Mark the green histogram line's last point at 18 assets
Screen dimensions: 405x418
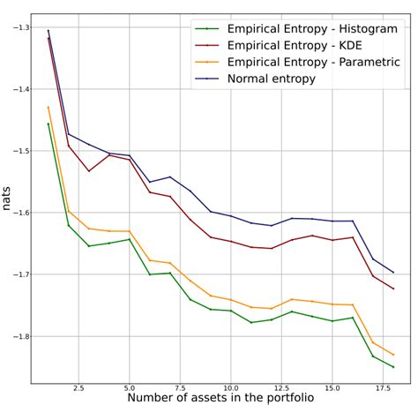click(393, 367)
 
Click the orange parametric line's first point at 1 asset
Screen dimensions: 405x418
click(48, 107)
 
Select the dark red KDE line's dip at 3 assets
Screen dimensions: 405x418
click(88, 170)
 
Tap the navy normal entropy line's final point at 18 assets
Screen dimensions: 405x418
click(393, 272)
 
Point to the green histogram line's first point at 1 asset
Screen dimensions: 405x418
click(48, 124)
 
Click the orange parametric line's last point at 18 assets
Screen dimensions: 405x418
click(393, 354)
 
